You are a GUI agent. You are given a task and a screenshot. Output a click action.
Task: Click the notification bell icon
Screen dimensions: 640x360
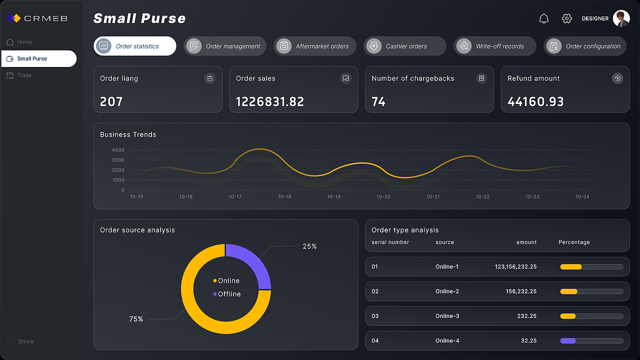543,18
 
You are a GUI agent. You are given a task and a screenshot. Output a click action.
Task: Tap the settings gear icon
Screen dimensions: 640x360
566,18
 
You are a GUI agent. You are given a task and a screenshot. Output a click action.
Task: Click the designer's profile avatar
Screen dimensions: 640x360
621,18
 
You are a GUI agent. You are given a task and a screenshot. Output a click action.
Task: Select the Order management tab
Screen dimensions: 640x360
225,46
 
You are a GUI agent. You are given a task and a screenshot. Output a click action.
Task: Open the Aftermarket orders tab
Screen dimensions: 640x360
315,46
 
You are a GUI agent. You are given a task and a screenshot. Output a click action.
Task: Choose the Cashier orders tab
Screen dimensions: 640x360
405,46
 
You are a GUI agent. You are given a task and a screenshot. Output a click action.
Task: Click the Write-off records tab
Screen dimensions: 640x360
495,46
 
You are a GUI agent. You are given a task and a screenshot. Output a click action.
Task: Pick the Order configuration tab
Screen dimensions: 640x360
585,46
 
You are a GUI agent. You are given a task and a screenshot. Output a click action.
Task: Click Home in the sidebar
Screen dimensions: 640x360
19,42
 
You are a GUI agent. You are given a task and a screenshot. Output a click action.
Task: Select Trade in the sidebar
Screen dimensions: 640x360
19,75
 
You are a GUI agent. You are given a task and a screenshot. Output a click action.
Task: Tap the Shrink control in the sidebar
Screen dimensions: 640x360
20,341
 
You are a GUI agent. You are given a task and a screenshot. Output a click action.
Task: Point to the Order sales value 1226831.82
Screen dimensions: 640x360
269,101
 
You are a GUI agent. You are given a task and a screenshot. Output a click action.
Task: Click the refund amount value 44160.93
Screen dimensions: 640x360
535,101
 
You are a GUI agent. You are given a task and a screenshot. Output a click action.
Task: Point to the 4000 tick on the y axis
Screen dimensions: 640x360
118,150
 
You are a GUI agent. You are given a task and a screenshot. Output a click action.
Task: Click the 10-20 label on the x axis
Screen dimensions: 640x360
383,197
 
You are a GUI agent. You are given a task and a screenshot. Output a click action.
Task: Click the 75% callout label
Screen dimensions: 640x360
136,319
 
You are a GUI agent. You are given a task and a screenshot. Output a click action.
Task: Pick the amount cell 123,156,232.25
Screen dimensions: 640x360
515,266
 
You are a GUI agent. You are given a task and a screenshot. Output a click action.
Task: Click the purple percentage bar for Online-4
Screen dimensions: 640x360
567,341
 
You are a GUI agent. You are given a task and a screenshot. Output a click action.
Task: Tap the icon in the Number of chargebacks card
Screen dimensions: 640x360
481,78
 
